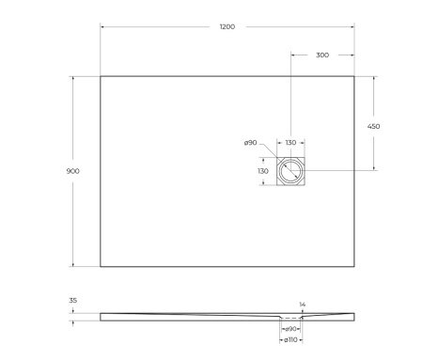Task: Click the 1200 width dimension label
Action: pos(227,27)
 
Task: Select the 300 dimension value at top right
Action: pos(322,55)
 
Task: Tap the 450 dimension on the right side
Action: pos(373,125)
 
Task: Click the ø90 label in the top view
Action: pos(251,143)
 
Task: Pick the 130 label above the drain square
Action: pos(290,143)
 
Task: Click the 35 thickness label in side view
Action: pos(73,302)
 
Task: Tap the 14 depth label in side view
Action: pos(301,305)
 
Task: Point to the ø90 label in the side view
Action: pos(291,328)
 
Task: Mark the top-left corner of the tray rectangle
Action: pos(101,76)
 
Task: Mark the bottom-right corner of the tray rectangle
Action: pos(353,266)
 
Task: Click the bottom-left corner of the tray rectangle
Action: pos(101,266)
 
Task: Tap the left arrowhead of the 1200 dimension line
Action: pos(102,27)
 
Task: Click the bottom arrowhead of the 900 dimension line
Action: pos(73,264)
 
